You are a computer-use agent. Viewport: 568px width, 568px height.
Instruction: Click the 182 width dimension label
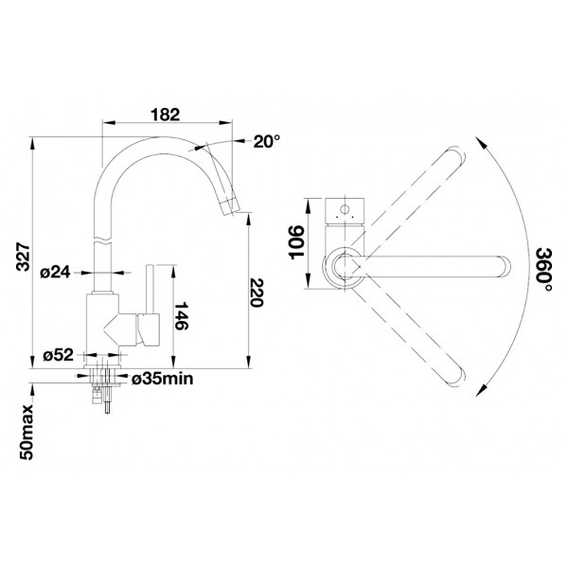tap(165, 115)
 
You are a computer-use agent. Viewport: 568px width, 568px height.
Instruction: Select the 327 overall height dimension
tap(25, 257)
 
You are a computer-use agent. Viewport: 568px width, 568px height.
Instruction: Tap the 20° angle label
tap(267, 142)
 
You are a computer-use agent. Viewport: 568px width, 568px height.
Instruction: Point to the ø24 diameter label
tap(56, 272)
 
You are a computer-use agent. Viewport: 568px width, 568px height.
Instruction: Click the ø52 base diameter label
tap(58, 355)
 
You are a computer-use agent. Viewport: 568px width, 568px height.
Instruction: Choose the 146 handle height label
tap(181, 316)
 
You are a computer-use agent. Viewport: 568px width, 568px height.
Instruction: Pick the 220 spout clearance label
tap(256, 293)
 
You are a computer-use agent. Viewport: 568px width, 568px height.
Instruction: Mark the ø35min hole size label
tap(162, 379)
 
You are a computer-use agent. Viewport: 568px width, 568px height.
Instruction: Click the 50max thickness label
tap(27, 433)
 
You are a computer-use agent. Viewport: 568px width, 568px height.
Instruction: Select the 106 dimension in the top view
tap(296, 242)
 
